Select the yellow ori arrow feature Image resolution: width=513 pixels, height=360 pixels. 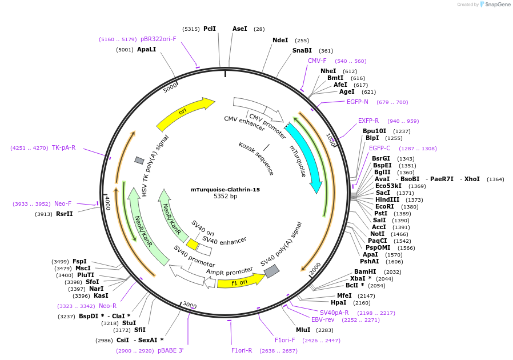tap(185, 113)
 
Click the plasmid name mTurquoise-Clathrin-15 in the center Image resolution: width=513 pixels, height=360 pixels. tap(225, 190)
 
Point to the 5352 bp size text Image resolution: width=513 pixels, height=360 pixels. tap(225, 197)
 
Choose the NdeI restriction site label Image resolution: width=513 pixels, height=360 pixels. tap(280, 41)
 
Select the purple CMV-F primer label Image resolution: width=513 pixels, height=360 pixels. tap(317, 61)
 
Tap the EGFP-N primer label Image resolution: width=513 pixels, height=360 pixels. tap(358, 102)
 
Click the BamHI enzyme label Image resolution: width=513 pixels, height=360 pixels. tap(365, 272)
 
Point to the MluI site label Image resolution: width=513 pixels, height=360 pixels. tap(303, 330)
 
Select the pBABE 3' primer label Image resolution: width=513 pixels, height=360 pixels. tap(170, 350)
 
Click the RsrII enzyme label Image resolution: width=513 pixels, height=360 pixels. tap(65, 214)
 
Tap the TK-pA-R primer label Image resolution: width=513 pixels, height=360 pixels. tap(63, 147)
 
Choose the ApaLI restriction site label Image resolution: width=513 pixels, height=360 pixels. tap(147, 50)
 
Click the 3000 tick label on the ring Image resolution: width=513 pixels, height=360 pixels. tap(189, 305)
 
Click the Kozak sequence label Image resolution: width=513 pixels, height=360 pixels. tap(256, 158)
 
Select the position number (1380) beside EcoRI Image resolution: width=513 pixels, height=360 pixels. tap(410, 207)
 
